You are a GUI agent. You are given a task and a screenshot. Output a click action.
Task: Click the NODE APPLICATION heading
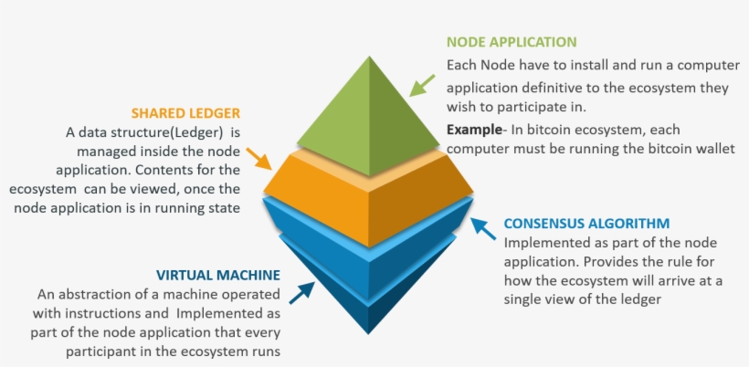tap(511, 42)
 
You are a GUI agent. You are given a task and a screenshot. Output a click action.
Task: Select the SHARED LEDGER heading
tap(185, 113)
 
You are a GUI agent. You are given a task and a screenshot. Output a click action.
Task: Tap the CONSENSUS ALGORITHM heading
tap(586, 223)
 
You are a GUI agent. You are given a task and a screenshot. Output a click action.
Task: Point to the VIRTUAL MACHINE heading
tap(217, 274)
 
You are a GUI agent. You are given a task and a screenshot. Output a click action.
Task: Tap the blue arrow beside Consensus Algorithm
tap(481, 229)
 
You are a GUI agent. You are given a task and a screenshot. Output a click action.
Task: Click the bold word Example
tap(472, 130)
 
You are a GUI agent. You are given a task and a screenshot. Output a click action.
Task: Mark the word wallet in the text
tap(714, 149)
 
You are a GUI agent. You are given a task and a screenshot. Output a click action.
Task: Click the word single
tap(524, 299)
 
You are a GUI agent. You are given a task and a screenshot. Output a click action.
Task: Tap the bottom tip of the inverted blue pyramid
tap(369, 331)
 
